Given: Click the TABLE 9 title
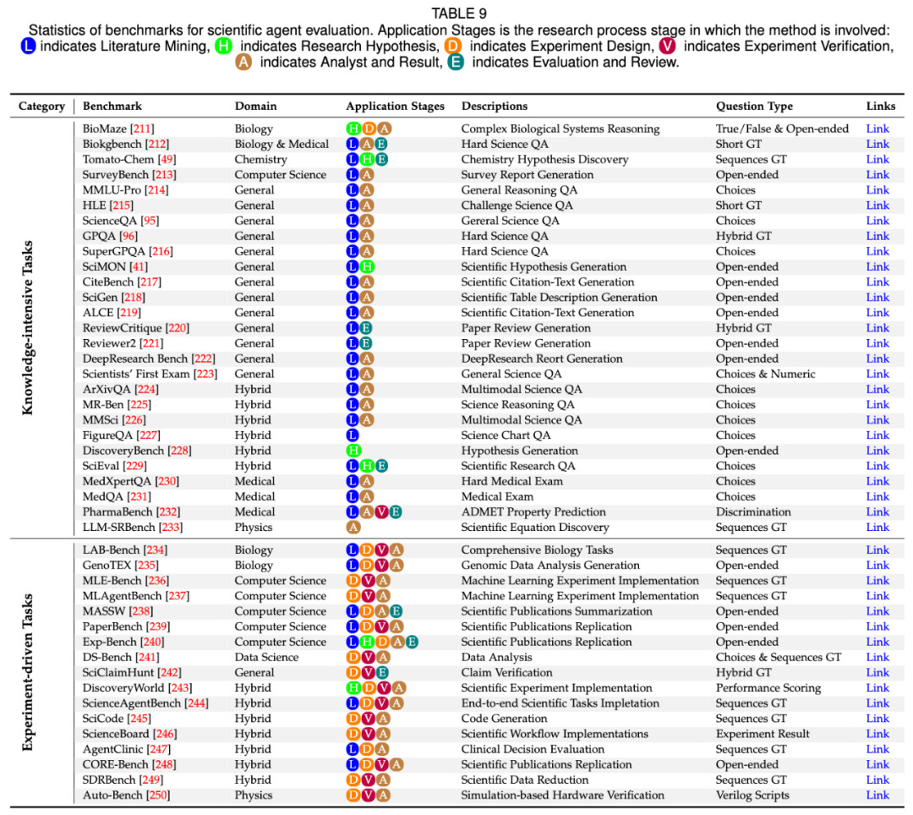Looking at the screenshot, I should pyautogui.click(x=456, y=14).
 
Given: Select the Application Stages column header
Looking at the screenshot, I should pyautogui.click(x=395, y=107).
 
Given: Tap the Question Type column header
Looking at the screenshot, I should pyautogui.click(x=754, y=107).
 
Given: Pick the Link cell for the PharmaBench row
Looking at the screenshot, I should pyautogui.click(x=877, y=511).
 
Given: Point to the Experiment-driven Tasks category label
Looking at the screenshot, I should pyautogui.click(x=28, y=672).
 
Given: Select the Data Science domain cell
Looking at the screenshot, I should pyautogui.click(x=266, y=657).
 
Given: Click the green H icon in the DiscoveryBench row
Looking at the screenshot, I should pyautogui.click(x=353, y=451).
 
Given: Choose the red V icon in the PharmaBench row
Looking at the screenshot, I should pyautogui.click(x=381, y=511).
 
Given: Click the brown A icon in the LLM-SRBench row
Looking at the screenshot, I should pyautogui.click(x=353, y=527).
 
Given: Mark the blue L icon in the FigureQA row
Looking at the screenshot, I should pyautogui.click(x=353, y=435).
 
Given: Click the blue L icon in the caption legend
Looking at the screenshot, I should pyautogui.click(x=28, y=46).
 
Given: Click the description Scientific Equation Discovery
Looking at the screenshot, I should pyautogui.click(x=535, y=527).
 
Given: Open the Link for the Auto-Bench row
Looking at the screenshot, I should pyautogui.click(x=877, y=795).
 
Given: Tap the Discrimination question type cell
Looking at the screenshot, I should pyautogui.click(x=753, y=511).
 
